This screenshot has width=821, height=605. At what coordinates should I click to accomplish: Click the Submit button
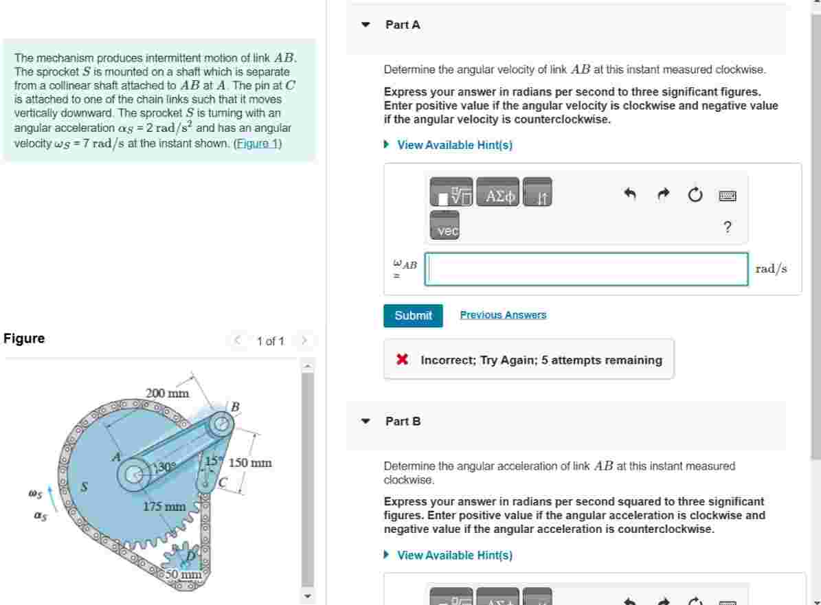413,316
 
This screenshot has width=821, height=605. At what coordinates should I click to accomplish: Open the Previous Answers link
503,315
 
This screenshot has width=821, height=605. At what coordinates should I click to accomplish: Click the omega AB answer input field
586,269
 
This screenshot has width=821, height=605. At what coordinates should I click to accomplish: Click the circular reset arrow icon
695,196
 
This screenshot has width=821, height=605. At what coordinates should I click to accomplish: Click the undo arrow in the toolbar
630,195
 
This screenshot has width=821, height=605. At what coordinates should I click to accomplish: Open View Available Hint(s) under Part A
454,145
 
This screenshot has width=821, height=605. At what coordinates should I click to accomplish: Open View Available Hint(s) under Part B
454,555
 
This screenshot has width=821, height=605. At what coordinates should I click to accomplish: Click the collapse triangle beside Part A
366,25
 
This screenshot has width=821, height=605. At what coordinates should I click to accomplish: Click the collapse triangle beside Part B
366,421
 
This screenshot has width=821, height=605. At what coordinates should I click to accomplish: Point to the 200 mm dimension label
167,393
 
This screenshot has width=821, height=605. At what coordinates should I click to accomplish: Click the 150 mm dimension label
250,463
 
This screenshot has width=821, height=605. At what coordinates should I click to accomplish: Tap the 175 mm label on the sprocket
165,507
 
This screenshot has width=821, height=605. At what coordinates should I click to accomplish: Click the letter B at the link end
234,407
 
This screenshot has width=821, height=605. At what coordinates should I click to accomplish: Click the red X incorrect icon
403,359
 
